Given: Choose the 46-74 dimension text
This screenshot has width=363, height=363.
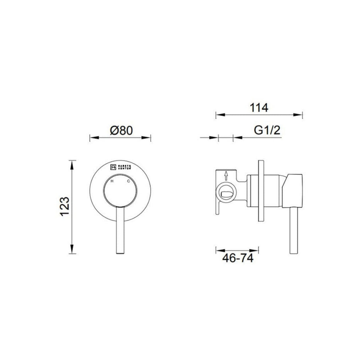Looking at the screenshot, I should (x=238, y=259).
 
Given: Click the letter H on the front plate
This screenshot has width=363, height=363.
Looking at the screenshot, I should (x=112, y=181).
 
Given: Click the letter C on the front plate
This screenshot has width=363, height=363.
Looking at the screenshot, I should (x=129, y=181).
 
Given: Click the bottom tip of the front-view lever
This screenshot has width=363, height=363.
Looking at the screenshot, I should (x=121, y=252).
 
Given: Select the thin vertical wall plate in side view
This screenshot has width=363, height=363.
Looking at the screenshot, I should (x=261, y=192).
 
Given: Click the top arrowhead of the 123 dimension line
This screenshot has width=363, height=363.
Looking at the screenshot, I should (x=72, y=162).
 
